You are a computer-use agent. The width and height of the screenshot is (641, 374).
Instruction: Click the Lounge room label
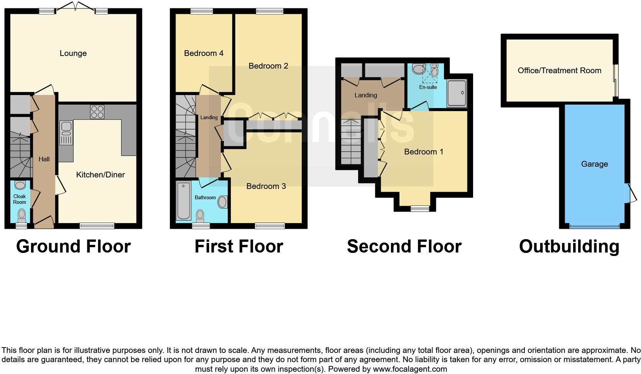click(73, 53)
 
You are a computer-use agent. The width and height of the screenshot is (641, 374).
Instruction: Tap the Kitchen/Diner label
click(100, 175)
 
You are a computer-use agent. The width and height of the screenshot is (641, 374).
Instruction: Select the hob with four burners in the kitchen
click(97, 112)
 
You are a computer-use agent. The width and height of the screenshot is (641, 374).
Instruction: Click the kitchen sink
click(66, 133)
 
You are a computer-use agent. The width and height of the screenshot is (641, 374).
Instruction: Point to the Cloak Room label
click(20, 199)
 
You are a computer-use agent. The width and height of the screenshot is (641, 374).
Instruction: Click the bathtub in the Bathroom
click(184, 201)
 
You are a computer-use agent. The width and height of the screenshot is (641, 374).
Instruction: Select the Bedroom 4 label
click(204, 53)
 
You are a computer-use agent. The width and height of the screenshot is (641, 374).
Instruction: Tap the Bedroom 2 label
click(268, 66)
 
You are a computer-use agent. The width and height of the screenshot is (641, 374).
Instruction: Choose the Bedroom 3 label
click(266, 186)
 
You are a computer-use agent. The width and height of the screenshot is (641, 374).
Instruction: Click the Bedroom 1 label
click(424, 152)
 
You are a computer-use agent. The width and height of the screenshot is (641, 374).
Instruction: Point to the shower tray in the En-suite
click(457, 93)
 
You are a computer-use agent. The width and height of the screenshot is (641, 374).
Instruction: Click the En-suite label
click(428, 87)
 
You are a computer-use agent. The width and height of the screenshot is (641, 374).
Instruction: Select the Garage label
click(594, 164)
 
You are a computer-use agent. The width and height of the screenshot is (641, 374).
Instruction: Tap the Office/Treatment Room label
click(559, 71)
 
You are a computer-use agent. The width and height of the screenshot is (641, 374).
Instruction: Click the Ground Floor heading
click(73, 246)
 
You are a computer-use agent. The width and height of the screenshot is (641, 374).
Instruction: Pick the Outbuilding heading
click(569, 246)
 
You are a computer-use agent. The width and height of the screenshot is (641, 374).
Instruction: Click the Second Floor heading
click(404, 246)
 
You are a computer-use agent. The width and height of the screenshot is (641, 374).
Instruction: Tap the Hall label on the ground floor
click(44, 159)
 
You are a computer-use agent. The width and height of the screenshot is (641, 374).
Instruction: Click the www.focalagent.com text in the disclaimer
click(410, 369)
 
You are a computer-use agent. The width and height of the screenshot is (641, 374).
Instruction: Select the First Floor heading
click(238, 246)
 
